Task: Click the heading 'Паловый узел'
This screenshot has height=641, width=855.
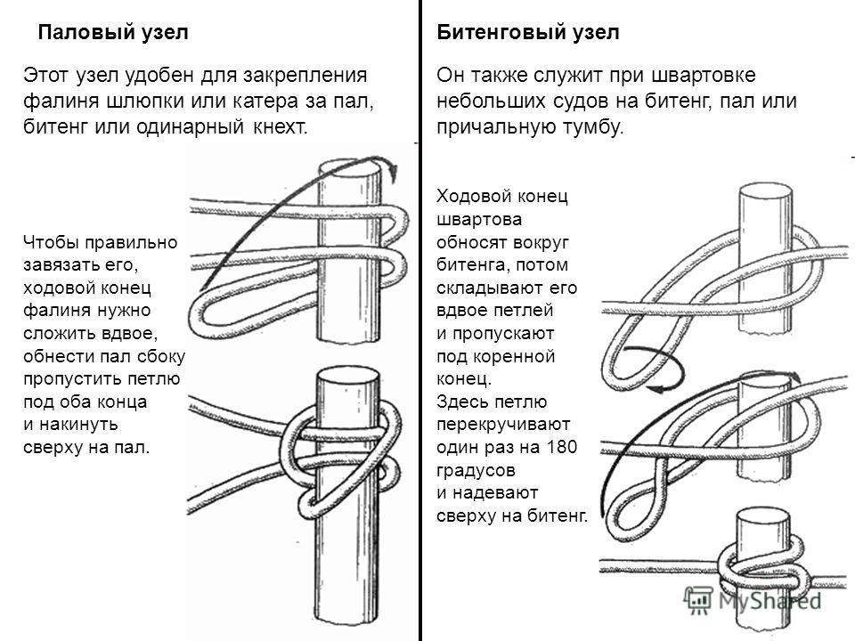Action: tap(113, 33)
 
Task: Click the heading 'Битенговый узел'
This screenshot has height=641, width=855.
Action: tap(528, 33)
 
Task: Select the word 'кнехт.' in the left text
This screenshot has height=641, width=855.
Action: tap(281, 126)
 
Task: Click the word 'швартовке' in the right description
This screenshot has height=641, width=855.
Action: tap(704, 75)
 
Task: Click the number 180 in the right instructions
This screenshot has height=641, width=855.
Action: tap(561, 447)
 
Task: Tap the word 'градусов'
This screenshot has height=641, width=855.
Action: tap(476, 470)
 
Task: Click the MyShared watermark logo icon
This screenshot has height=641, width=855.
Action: tap(698, 600)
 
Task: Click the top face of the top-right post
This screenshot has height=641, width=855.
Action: tap(765, 192)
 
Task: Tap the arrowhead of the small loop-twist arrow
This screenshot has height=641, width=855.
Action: tap(656, 388)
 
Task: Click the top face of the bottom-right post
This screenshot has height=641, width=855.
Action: tap(762, 516)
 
